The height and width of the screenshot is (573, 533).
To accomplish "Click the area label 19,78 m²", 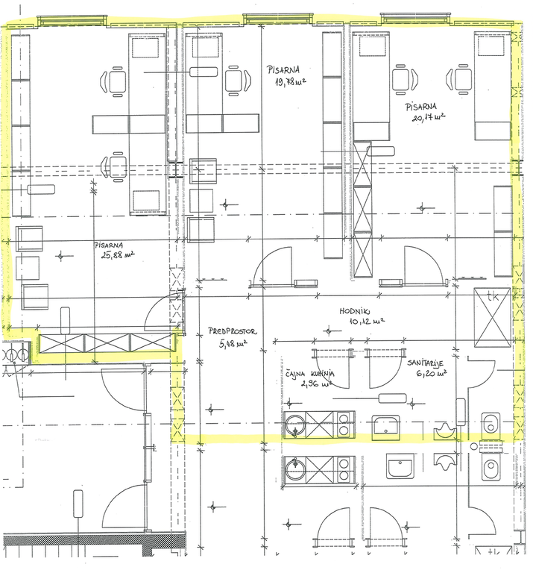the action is [291, 81].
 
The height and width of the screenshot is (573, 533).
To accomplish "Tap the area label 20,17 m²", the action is [429, 118].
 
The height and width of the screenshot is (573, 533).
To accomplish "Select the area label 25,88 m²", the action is [118, 254].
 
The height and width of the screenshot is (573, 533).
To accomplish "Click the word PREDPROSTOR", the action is [232, 332].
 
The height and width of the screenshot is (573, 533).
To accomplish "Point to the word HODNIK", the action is [355, 311].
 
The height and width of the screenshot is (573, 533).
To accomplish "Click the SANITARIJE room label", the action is [426, 363].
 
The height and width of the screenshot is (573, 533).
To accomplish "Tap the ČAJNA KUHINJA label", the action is [309, 374].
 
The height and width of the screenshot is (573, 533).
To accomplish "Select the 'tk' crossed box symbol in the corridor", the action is [492, 317].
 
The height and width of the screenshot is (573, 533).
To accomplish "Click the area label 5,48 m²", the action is [233, 344].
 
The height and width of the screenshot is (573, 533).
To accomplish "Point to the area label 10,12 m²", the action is [367, 322].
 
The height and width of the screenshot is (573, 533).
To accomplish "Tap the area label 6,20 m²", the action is [432, 374].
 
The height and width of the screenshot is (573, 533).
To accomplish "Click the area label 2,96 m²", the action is [317, 383].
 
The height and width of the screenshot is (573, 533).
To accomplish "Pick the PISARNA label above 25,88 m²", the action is [109, 245].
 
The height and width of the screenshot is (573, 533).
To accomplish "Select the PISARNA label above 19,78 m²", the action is [283, 69].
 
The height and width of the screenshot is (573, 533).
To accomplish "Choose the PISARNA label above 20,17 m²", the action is [421, 107].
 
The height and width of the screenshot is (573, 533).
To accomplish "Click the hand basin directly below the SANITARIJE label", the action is [386, 427].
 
